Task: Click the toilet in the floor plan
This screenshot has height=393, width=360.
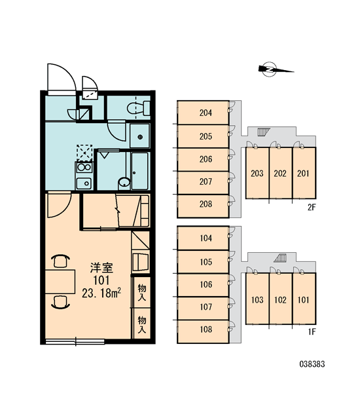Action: click(139, 108)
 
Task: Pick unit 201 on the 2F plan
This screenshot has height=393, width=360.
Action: click(304, 173)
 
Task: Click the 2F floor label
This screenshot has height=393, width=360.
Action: click(312, 207)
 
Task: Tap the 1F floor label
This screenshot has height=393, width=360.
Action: click(312, 332)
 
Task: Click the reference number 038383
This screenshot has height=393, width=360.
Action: click(312, 364)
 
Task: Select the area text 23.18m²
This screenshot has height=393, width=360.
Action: click(101, 293)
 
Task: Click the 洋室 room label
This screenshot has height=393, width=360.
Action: click(101, 268)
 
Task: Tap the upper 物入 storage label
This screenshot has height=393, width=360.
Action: click(142, 293)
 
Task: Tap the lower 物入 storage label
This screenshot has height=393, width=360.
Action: click(142, 325)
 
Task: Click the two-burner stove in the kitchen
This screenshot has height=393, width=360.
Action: click(84, 167)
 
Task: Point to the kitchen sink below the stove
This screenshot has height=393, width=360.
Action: click(84, 183)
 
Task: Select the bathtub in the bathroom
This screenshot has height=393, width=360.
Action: click(140, 171)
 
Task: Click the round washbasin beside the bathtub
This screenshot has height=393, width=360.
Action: click(124, 182)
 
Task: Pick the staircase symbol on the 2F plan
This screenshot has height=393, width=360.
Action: click(263, 132)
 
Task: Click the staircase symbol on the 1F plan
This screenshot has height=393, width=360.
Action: click(280, 258)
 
